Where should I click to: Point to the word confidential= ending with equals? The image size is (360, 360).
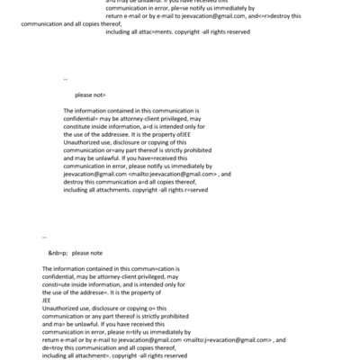click(84, 116)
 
